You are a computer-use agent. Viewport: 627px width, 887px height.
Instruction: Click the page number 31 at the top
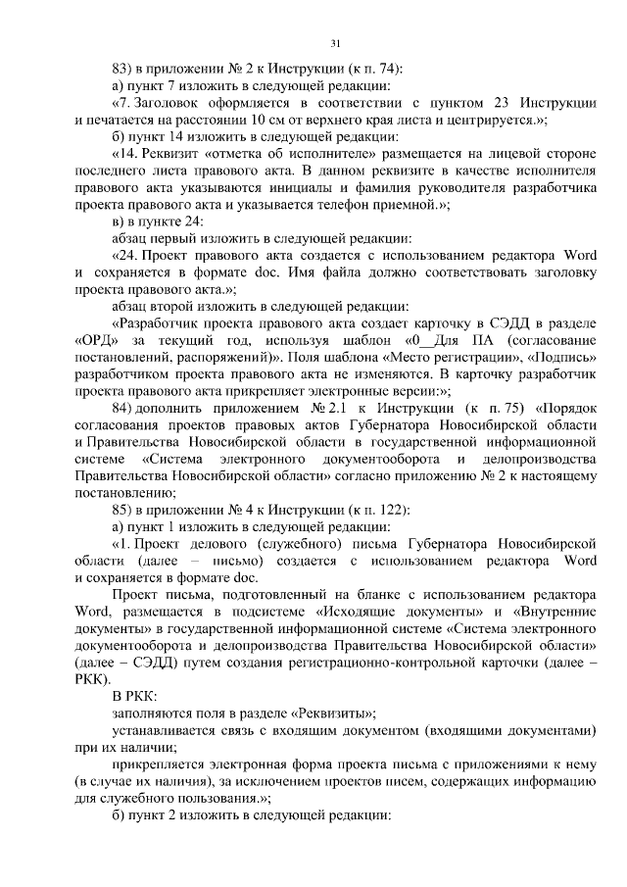coord(335,43)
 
